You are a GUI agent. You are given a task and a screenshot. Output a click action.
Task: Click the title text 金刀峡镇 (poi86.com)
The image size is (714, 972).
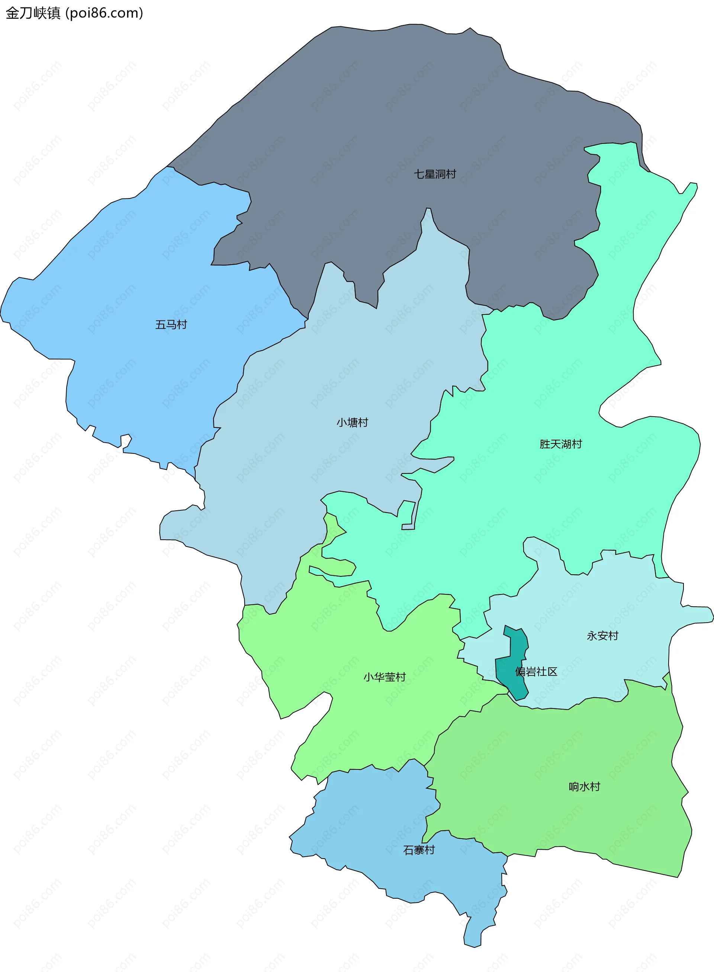[74, 13]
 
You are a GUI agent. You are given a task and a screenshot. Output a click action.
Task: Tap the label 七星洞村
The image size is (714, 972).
[435, 174]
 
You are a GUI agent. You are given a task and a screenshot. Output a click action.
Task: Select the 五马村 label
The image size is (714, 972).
[171, 324]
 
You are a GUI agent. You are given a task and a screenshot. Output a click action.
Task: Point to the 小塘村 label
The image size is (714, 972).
[352, 423]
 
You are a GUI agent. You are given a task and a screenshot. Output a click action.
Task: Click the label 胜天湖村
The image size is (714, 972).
[560, 444]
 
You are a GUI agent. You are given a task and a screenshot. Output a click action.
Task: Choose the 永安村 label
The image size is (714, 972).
[602, 636]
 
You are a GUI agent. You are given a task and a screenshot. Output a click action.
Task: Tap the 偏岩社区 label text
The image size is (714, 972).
[536, 671]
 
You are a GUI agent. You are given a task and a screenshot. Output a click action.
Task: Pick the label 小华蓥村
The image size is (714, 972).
[384, 677]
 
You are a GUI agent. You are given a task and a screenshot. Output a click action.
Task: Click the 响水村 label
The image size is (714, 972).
[584, 787]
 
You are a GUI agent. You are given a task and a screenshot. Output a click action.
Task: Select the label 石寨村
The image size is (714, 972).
[419, 850]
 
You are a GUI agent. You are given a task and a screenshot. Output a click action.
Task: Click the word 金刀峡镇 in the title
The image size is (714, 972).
[33, 13]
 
